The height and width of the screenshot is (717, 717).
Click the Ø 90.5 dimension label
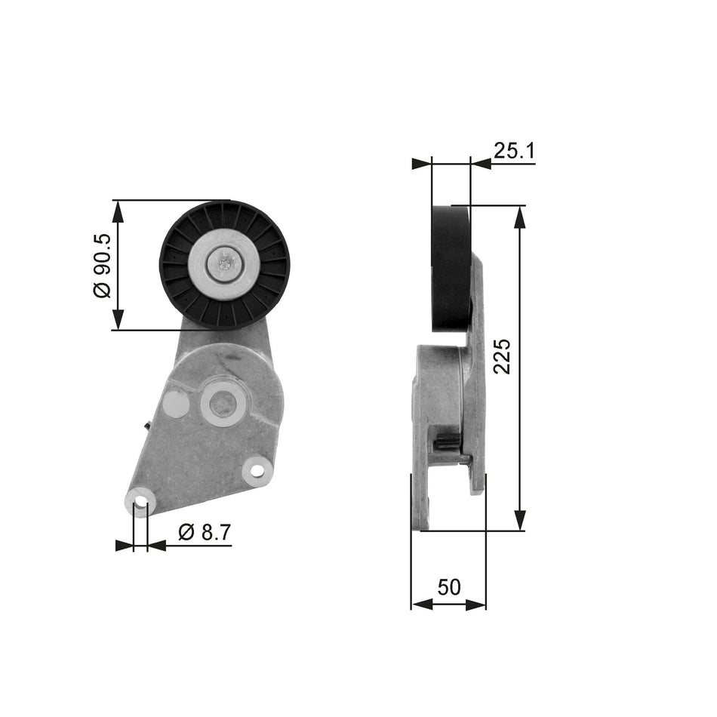click(103, 265)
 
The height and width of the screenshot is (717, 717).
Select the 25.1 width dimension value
click(514, 151)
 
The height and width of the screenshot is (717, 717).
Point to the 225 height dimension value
click(502, 355)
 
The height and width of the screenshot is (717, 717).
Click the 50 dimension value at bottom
click(449, 587)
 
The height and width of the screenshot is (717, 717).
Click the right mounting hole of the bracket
click(257, 470)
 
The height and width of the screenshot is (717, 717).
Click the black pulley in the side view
click(450, 268)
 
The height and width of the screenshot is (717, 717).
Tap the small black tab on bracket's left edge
click(146, 428)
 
